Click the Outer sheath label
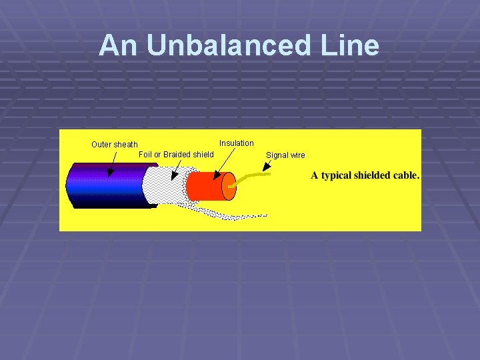point(115,145)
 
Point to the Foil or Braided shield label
point(176,155)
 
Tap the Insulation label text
point(237,143)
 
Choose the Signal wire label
point(285,155)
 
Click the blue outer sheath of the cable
point(107,185)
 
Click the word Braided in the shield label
point(177,155)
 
